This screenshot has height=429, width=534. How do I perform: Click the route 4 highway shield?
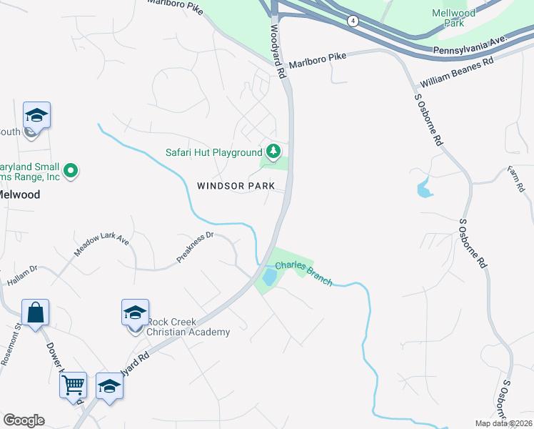353,21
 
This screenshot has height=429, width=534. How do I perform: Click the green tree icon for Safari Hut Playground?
273,152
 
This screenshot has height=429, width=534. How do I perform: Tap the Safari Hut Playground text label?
214,152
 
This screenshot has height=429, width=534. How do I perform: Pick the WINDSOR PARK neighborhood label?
236,186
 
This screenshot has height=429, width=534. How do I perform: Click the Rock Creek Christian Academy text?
188,327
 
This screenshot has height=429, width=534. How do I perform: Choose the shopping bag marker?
35,312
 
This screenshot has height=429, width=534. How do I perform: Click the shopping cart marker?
73,385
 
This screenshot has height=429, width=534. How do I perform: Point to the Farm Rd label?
516,179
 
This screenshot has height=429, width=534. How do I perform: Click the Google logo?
24,420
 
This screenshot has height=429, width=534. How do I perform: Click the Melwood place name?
18,194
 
